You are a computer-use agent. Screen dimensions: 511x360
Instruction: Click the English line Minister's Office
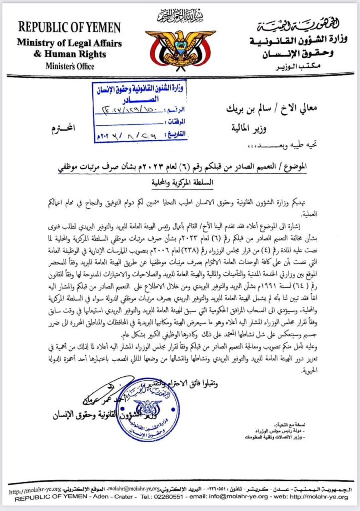point(69,65)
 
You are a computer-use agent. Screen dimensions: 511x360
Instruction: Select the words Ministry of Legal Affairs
point(69,43)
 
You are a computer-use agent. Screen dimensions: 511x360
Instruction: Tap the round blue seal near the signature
point(148,408)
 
